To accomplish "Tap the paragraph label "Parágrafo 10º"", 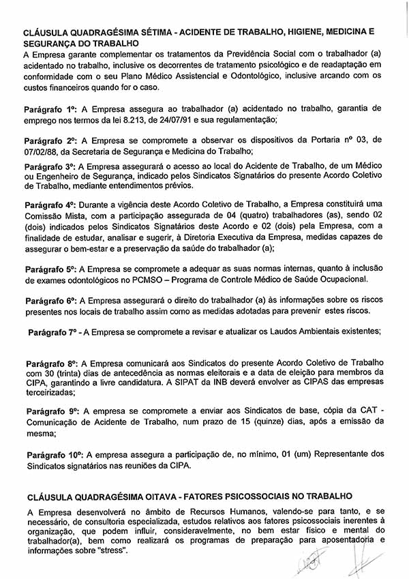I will (x=54, y=454).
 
